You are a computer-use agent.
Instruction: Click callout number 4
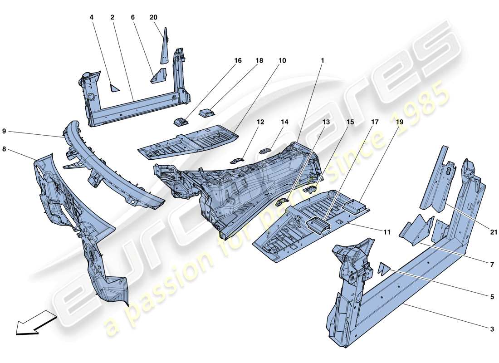click(x=91, y=17)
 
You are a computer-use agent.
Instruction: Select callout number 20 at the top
click(x=153, y=17)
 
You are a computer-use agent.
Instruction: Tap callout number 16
click(x=238, y=60)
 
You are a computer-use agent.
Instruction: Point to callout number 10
click(x=282, y=60)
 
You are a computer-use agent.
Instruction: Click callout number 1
click(x=323, y=60)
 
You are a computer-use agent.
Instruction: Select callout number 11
click(x=386, y=232)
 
